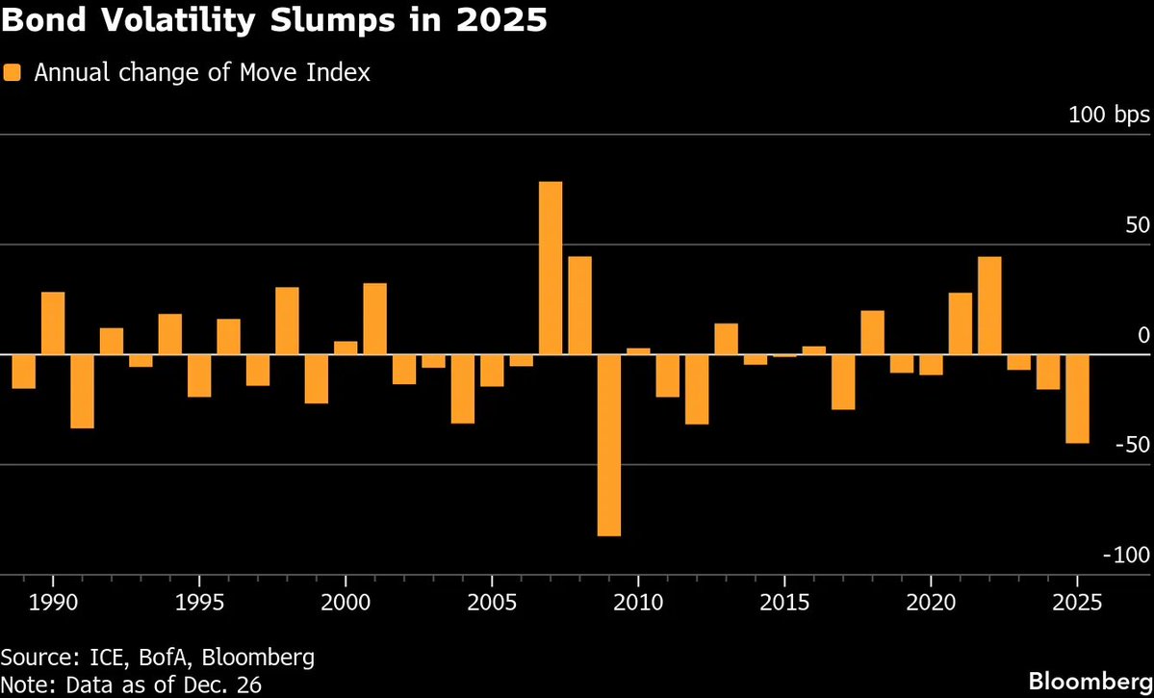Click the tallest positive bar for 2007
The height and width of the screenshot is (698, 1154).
(551, 268)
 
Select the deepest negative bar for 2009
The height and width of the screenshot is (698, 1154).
(608, 445)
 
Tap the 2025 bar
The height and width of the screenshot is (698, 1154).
(1078, 399)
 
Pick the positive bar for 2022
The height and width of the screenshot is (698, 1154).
(989, 305)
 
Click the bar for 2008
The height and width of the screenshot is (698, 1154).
(579, 305)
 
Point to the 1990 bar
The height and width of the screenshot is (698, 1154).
(53, 323)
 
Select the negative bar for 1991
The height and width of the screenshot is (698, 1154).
(82, 391)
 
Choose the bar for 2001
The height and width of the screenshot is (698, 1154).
(374, 319)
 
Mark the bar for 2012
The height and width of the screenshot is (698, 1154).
(697, 389)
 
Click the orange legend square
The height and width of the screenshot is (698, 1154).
(12, 72)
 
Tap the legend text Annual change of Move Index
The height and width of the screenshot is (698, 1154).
(202, 72)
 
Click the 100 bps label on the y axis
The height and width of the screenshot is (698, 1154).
(1109, 116)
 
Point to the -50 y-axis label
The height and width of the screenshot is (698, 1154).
(1131, 445)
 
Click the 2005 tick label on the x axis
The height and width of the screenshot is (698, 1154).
(492, 603)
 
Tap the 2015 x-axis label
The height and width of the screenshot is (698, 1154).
(784, 603)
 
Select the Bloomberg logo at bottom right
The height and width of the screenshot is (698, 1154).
(1090, 681)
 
